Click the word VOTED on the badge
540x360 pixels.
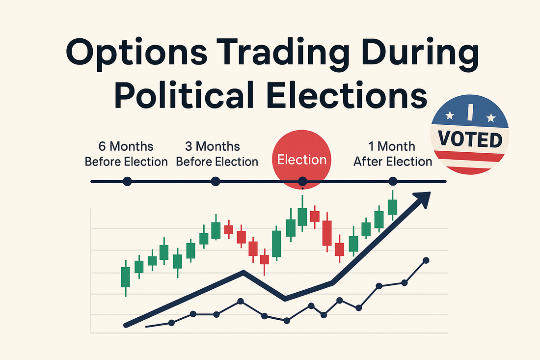click(470, 139)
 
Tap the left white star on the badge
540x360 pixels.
click(449, 115)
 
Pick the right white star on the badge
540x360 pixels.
click(491, 118)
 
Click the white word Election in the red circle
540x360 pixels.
click(302, 160)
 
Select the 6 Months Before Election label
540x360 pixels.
click(126, 154)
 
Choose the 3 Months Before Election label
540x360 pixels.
click(217, 154)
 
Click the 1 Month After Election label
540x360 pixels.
click(393, 154)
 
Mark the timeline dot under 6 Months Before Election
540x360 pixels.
click(127, 181)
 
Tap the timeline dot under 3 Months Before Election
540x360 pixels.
click(215, 181)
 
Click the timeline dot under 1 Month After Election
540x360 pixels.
click(393, 181)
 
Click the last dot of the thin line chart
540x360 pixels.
click(426, 260)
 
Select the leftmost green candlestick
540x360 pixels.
click(125, 277)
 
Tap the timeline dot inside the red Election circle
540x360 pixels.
click(302, 181)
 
